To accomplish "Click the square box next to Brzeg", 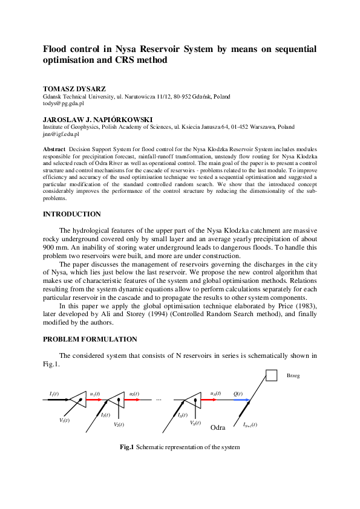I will (x=271, y=376).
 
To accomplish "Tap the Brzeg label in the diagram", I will (x=293, y=375).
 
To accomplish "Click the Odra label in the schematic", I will (x=217, y=427).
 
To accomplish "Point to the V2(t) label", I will (x=119, y=424).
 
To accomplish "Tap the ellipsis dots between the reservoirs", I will (x=159, y=400).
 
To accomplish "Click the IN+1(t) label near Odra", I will (x=250, y=424).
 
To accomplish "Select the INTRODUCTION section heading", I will (x=72, y=214).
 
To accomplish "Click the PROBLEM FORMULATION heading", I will (x=90, y=339).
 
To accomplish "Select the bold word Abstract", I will (x=54, y=148).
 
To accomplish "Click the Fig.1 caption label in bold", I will (x=126, y=447).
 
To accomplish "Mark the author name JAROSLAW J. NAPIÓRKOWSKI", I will (x=97, y=120).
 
